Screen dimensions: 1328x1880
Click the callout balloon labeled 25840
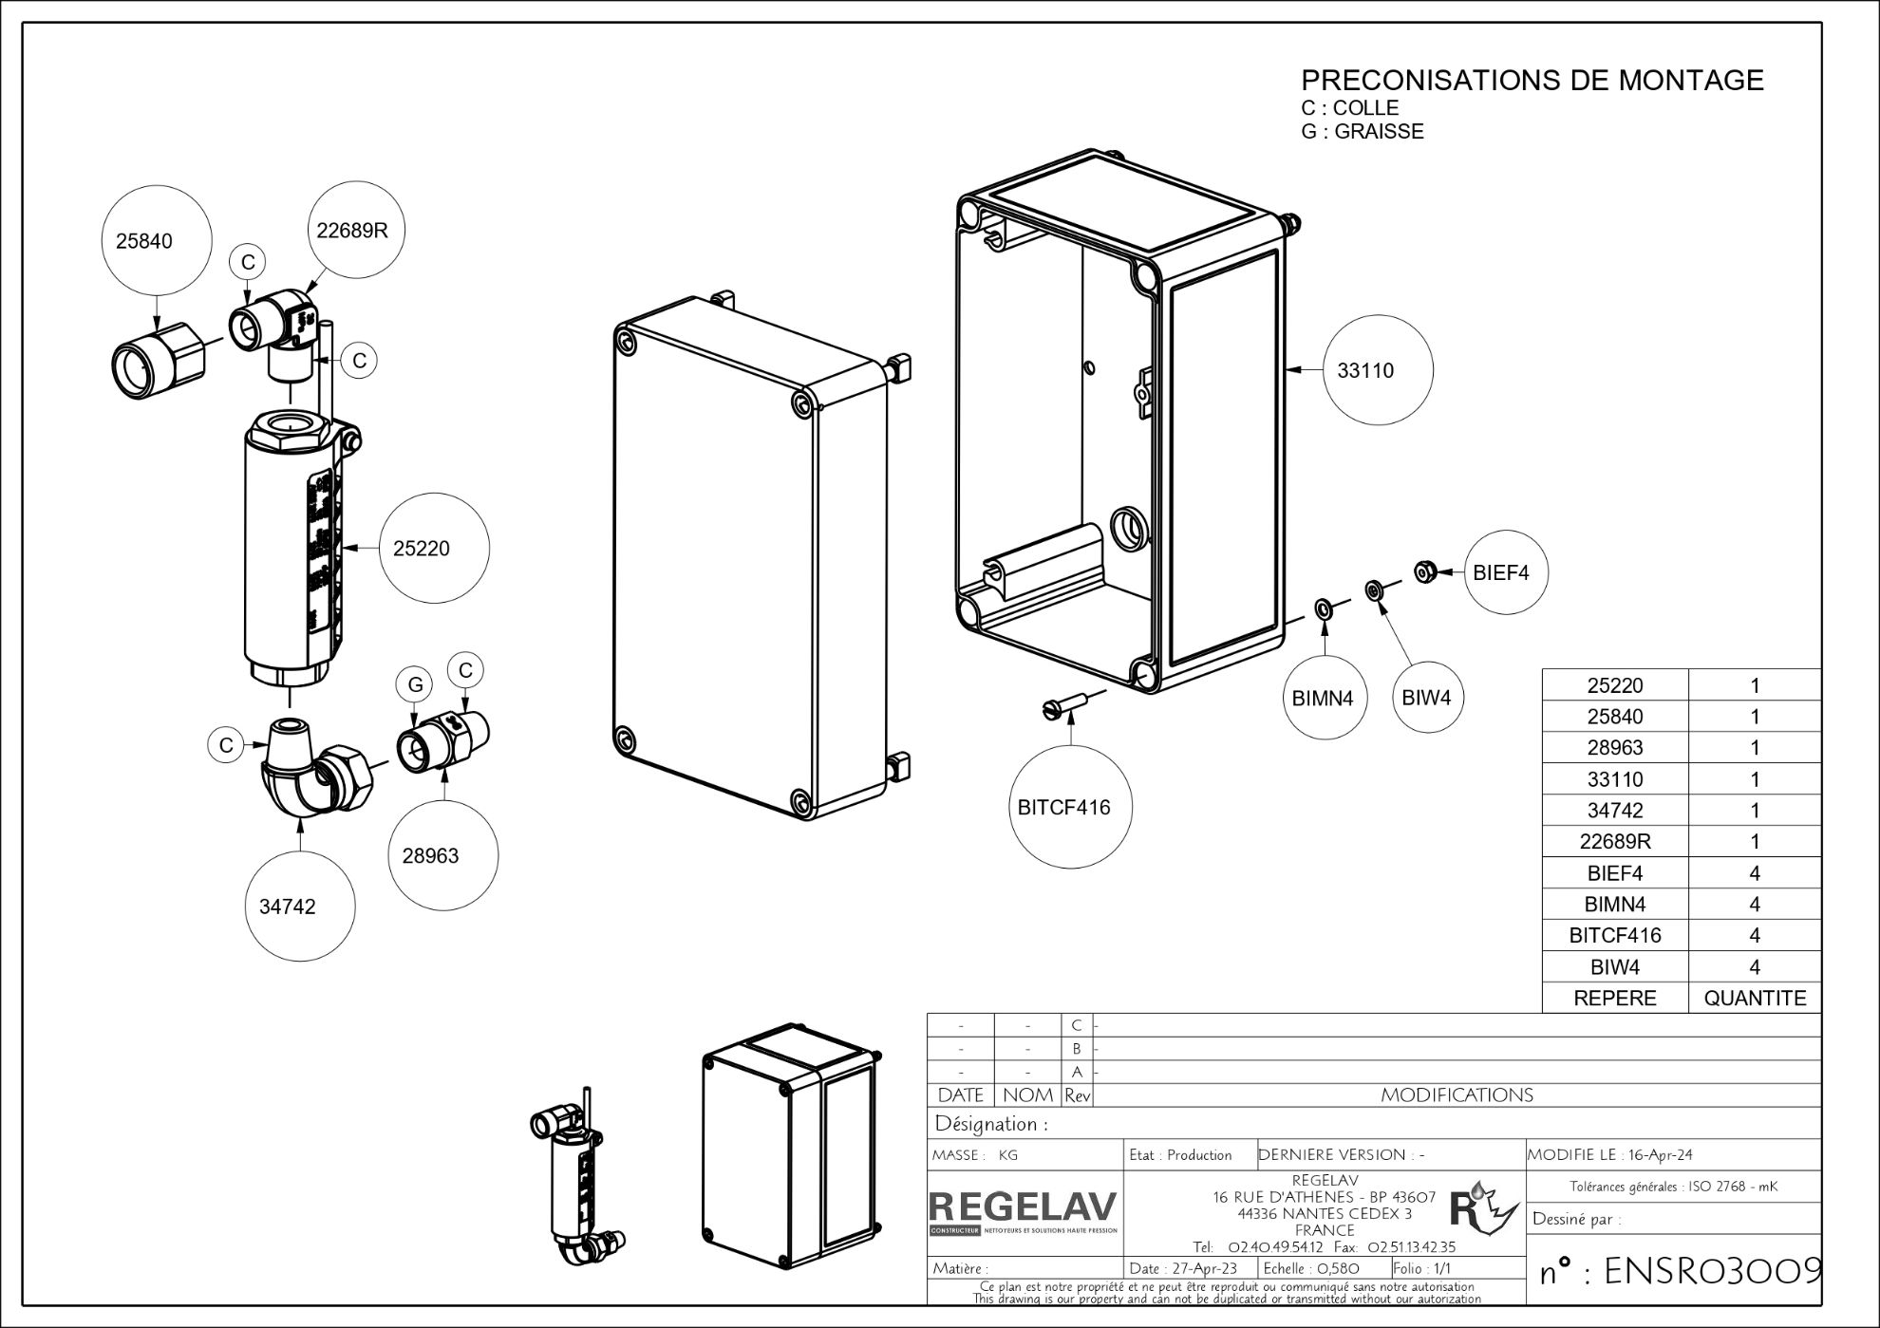pyautogui.click(x=144, y=240)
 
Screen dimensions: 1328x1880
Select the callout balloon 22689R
pyautogui.click(x=352, y=230)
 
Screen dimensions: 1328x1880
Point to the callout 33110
pyautogui.click(x=1378, y=369)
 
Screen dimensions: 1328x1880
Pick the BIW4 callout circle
pyautogui.click(x=1427, y=697)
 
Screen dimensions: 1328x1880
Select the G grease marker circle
pyautogui.click(x=415, y=684)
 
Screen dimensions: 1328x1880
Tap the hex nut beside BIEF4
pyautogui.click(x=1423, y=571)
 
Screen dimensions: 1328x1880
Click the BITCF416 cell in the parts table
pyautogui.click(x=1614, y=935)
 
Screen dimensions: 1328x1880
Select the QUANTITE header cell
pyautogui.click(x=1754, y=998)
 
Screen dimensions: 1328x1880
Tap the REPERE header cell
pyautogui.click(x=1614, y=998)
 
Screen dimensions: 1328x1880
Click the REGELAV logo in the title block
pyautogui.click(x=1023, y=1209)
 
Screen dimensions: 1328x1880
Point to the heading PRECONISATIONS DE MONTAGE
pyautogui.click(x=1532, y=80)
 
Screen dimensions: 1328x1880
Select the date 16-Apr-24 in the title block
pyautogui.click(x=1660, y=1154)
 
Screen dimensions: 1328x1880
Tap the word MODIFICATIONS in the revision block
pyautogui.click(x=1457, y=1094)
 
